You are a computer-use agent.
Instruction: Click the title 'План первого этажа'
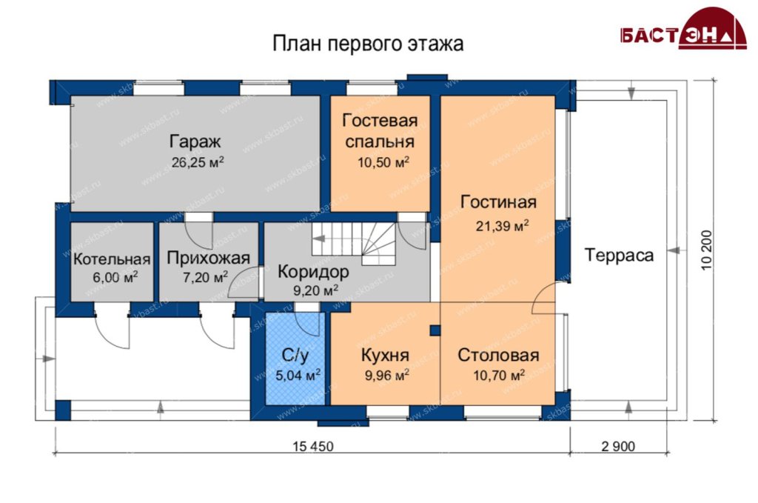pyautogui.click(x=368, y=44)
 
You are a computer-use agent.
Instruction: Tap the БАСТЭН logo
pyautogui.click(x=683, y=29)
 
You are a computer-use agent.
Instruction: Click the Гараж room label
pyautogui.click(x=195, y=141)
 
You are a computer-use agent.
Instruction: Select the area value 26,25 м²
pyautogui.click(x=198, y=162)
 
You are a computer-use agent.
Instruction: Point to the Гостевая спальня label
pyautogui.click(x=380, y=130)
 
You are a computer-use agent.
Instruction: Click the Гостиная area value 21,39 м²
pyautogui.click(x=503, y=225)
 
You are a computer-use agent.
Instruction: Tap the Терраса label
pyautogui.click(x=620, y=255)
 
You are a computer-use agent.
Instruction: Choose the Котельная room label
pyautogui.click(x=112, y=259)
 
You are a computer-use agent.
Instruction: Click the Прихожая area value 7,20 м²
pyautogui.click(x=206, y=278)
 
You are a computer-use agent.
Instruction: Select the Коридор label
pyautogui.click(x=313, y=271)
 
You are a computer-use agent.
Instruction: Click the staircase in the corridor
pyautogui.click(x=354, y=244)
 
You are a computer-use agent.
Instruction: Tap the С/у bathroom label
pyautogui.click(x=295, y=356)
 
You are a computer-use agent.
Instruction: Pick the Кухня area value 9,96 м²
pyautogui.click(x=387, y=375)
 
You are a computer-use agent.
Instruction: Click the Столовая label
pyautogui.click(x=498, y=355)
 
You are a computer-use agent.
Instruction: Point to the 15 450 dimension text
pyautogui.click(x=313, y=447)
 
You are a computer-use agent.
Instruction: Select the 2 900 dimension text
pyautogui.click(x=618, y=447)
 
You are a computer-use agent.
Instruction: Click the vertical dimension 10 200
pyautogui.click(x=707, y=250)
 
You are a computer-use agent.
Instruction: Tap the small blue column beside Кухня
pyautogui.click(x=435, y=331)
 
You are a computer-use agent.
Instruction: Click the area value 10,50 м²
pyautogui.click(x=383, y=162)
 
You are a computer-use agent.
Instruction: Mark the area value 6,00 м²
pyautogui.click(x=115, y=278)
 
